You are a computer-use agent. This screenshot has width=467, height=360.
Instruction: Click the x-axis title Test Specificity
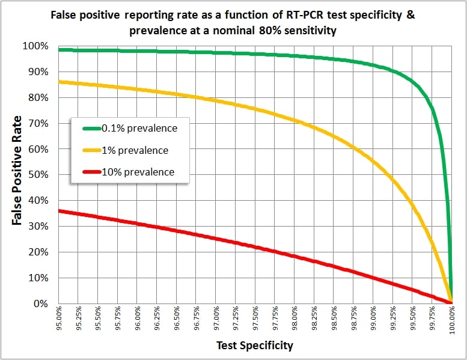click(x=255, y=345)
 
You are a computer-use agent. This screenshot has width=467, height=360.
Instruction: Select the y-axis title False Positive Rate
click(x=17, y=170)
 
